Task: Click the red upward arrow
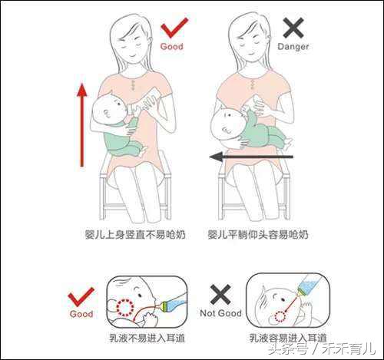(x=81, y=124)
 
